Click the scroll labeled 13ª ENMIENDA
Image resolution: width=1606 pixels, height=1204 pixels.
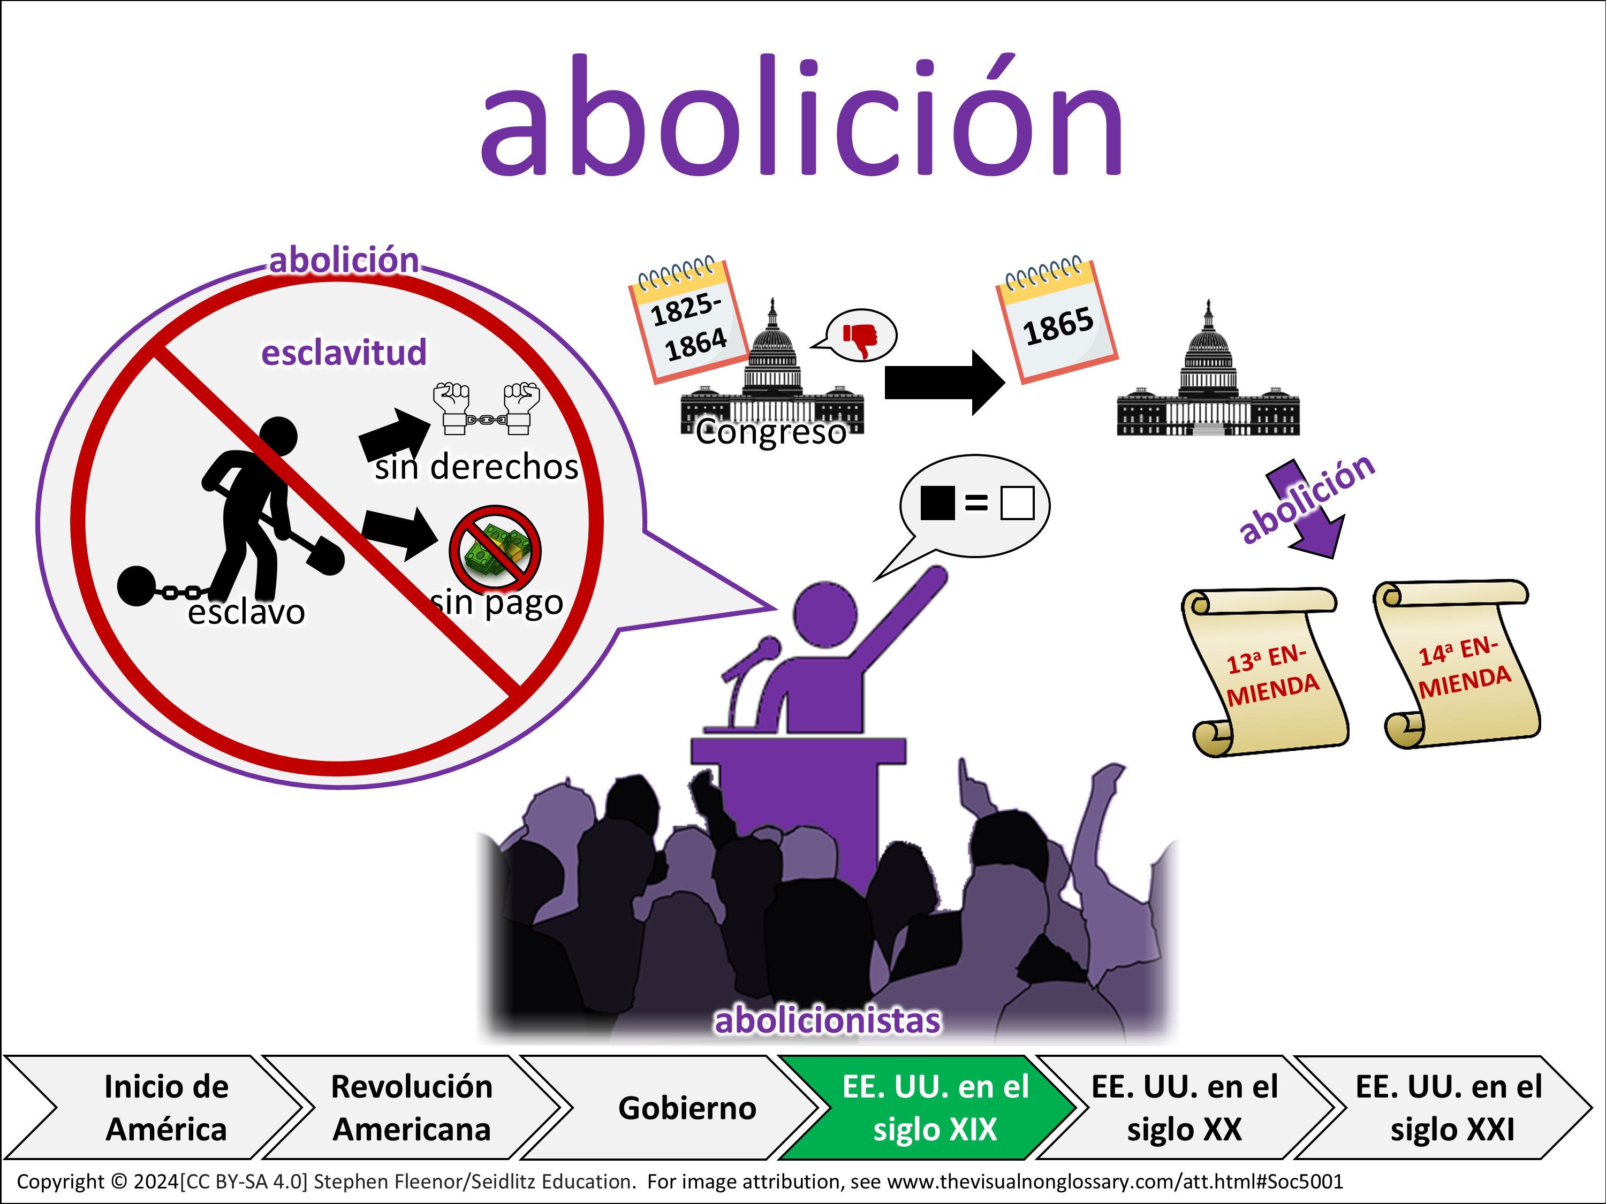click(1265, 672)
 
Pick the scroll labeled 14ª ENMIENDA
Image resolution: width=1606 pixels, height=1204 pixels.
click(1457, 664)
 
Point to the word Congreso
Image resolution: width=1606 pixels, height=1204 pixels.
click(771, 432)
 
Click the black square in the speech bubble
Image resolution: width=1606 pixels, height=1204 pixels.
click(937, 503)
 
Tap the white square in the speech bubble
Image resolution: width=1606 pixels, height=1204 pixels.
click(1017, 503)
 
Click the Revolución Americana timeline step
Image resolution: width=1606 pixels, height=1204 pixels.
click(412, 1108)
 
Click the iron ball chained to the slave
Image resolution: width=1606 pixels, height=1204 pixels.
click(137, 585)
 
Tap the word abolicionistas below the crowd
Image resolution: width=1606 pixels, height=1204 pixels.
click(828, 1020)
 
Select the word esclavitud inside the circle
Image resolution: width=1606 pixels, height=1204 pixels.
click(344, 352)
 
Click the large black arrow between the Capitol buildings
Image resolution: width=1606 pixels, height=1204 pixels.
click(944, 383)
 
